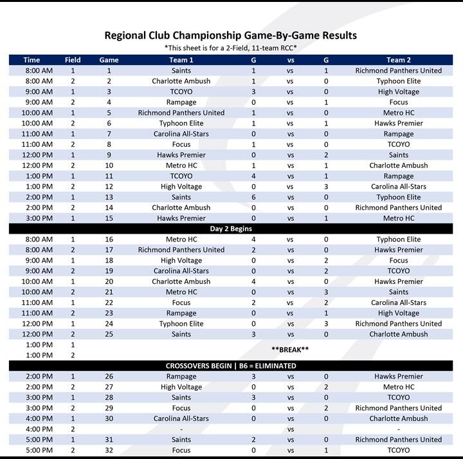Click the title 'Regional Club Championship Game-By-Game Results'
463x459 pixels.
tap(231, 35)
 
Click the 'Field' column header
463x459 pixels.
tap(73, 60)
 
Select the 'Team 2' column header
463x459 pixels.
tap(399, 60)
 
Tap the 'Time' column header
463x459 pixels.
tap(32, 60)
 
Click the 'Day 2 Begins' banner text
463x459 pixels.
tap(231, 229)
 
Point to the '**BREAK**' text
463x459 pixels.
tap(290, 350)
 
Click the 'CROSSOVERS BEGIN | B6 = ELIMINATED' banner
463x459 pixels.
tap(231, 366)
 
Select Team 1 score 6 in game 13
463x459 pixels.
tap(253, 197)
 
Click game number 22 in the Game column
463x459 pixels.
tap(109, 303)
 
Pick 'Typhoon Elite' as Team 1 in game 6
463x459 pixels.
tap(181, 123)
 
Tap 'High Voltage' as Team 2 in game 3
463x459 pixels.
tap(399, 91)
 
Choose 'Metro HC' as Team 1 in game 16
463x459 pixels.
tap(181, 239)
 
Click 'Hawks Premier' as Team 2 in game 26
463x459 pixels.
tap(399, 377)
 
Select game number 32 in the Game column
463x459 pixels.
tap(109, 450)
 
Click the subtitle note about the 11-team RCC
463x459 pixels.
tap(231, 48)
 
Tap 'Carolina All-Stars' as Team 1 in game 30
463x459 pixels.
tap(181, 418)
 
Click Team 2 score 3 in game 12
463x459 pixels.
tap(326, 187)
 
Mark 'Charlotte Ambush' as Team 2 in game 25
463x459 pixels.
tap(399, 334)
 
